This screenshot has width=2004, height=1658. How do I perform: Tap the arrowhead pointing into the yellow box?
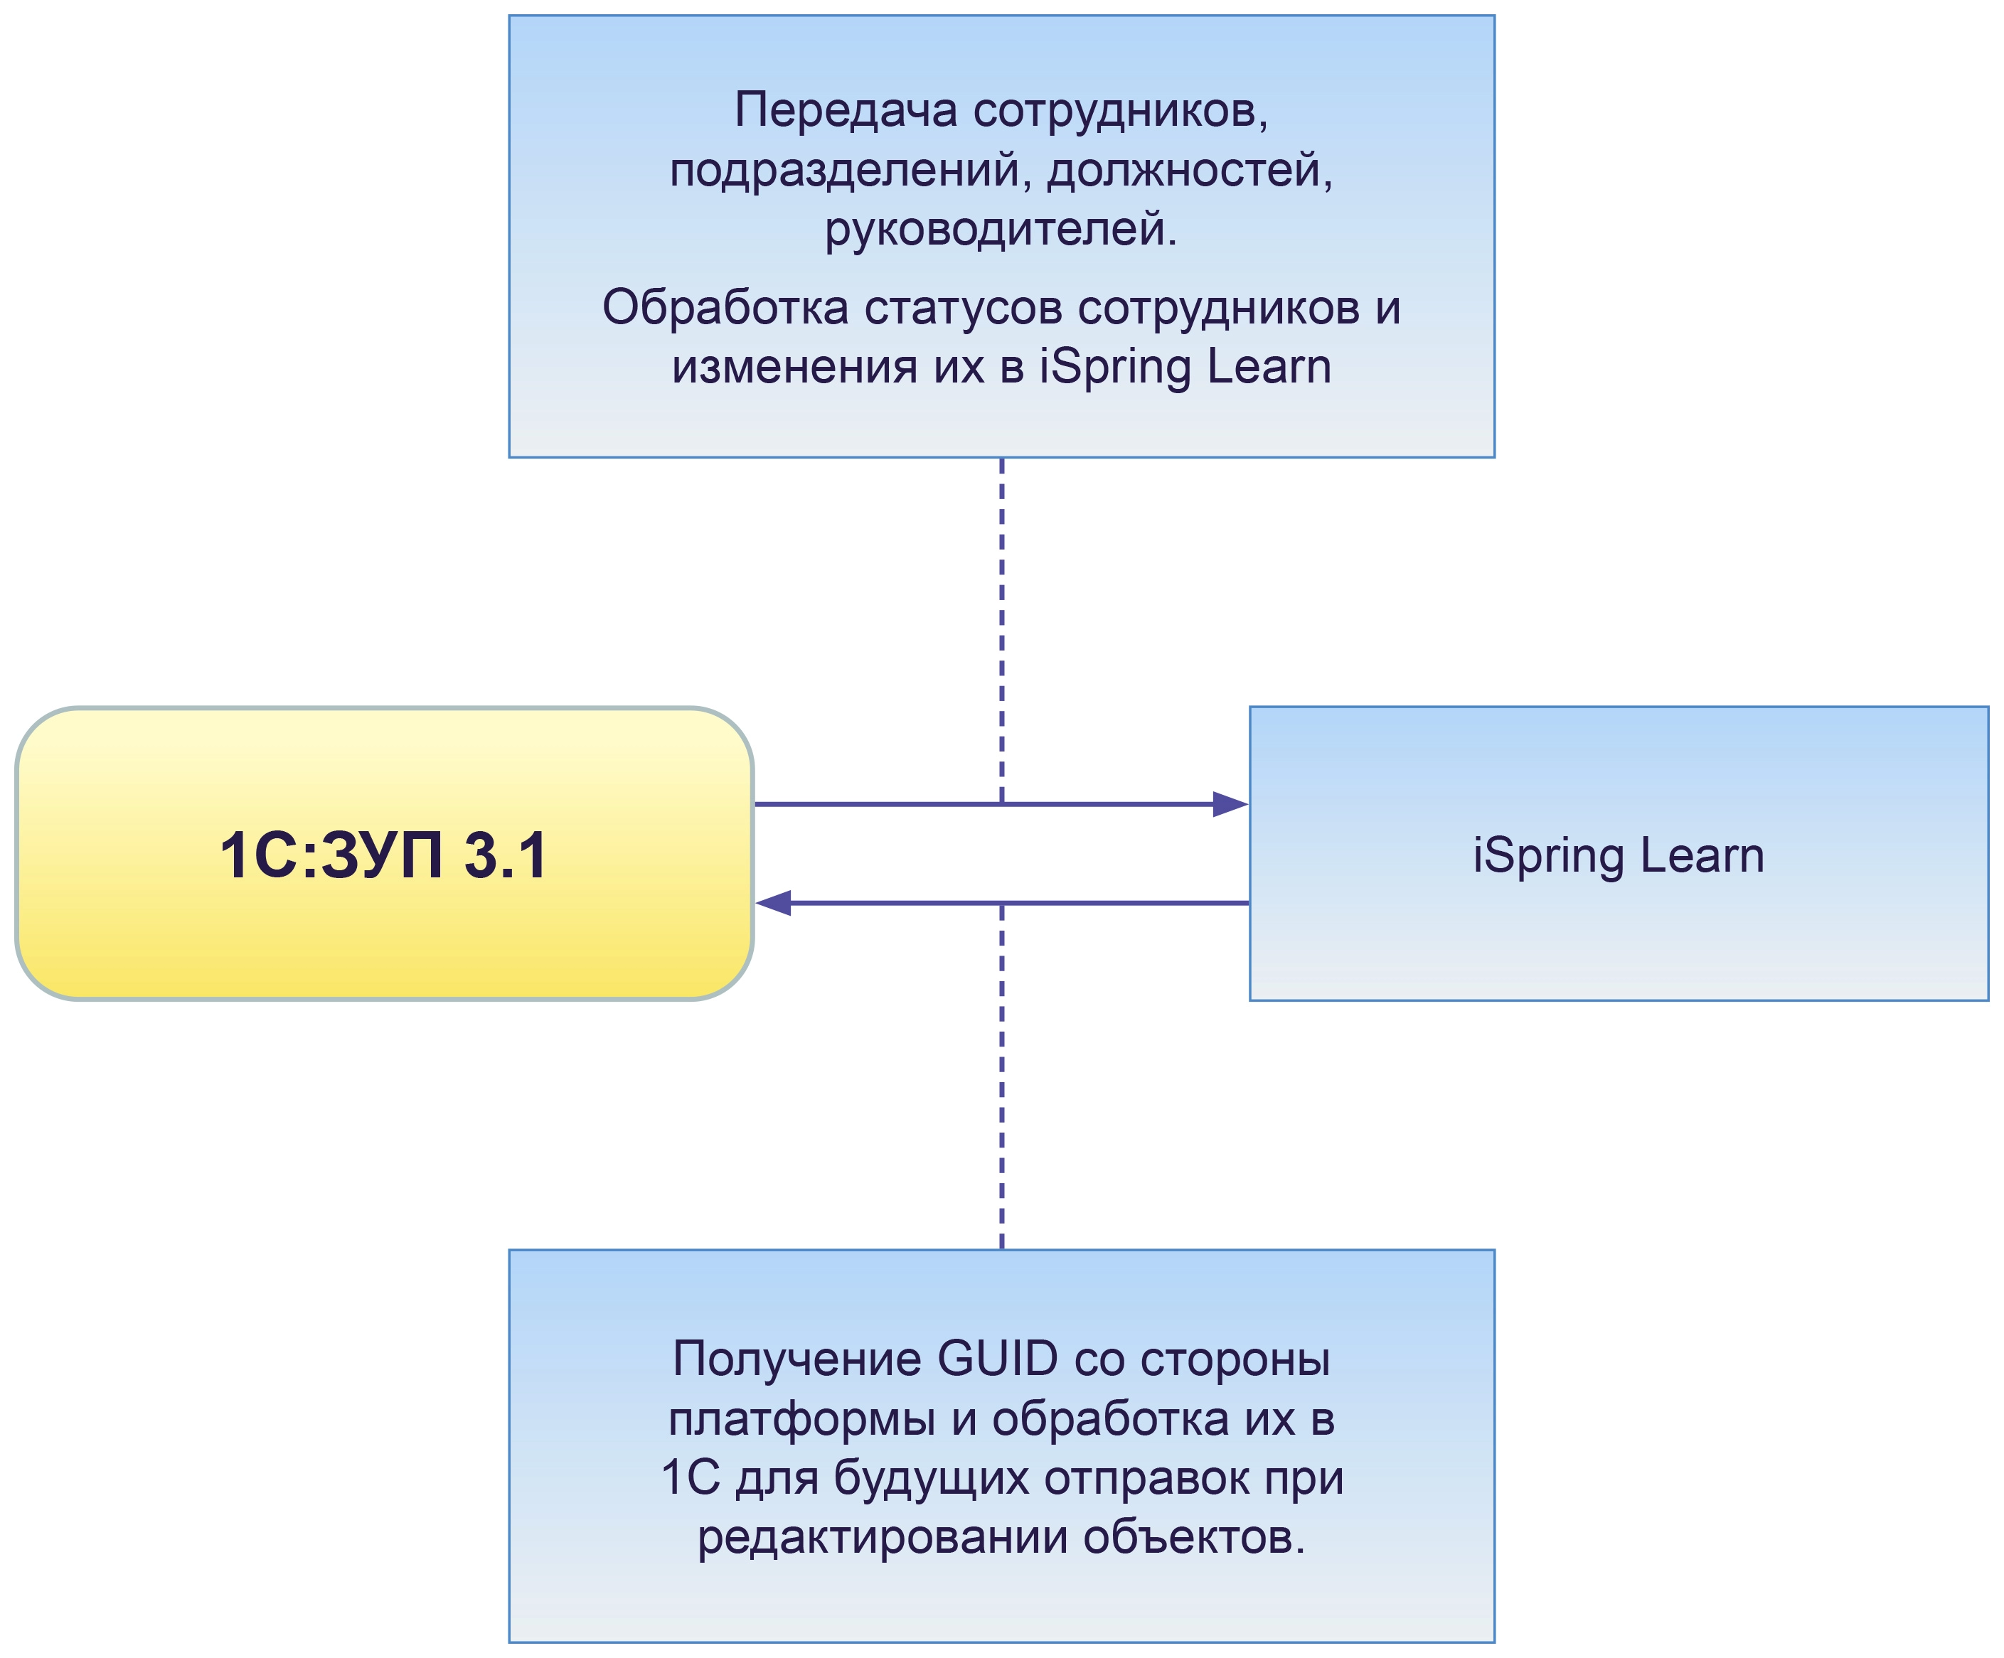pyautogui.click(x=774, y=902)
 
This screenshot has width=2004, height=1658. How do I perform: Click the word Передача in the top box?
pyautogui.click(x=846, y=109)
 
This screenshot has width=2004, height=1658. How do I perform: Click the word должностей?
pyautogui.click(x=1189, y=170)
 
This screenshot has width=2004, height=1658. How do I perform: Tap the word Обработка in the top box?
pyautogui.click(x=725, y=307)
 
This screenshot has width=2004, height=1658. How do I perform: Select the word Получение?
pyautogui.click(x=796, y=1359)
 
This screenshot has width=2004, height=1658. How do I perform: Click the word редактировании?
pyautogui.click(x=882, y=1538)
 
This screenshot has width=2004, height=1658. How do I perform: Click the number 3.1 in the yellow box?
pyautogui.click(x=506, y=856)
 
